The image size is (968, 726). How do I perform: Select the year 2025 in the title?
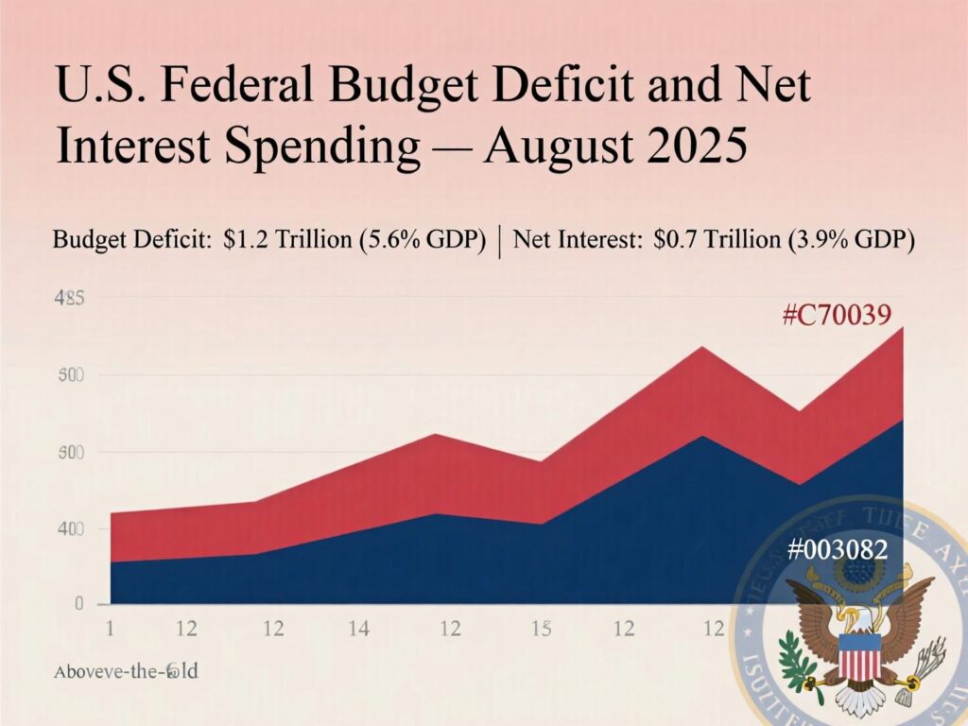(691, 148)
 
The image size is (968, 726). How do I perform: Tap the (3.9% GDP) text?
(850, 240)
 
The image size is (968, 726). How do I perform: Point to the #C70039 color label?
(837, 315)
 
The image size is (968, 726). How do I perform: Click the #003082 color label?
(838, 549)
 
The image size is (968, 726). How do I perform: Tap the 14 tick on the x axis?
(358, 628)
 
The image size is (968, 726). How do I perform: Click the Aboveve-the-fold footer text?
(126, 672)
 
